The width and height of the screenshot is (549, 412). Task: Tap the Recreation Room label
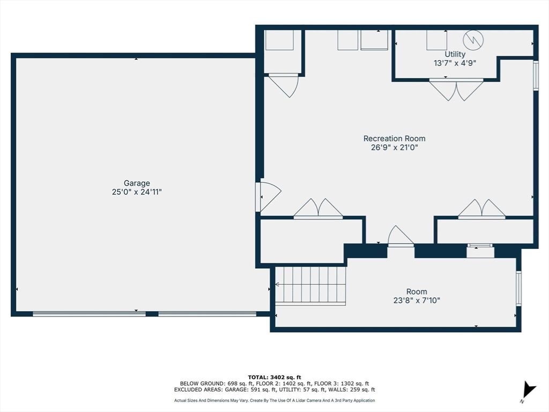tap(394, 138)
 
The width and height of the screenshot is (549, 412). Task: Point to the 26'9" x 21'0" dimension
tap(394, 148)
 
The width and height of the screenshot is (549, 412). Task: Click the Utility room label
tap(455, 54)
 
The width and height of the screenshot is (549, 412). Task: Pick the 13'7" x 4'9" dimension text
tap(455, 63)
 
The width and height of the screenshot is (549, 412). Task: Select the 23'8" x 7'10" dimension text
tap(417, 300)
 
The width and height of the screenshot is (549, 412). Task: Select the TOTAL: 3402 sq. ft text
tap(274, 377)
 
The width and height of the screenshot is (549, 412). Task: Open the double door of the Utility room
tap(456, 89)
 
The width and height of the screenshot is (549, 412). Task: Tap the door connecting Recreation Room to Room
tap(400, 237)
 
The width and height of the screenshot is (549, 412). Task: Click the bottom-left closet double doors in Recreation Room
tap(318, 209)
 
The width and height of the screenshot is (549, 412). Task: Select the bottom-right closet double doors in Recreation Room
tap(481, 209)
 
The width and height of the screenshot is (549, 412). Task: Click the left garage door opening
tap(89, 314)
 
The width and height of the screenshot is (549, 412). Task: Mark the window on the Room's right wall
tap(518, 288)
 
